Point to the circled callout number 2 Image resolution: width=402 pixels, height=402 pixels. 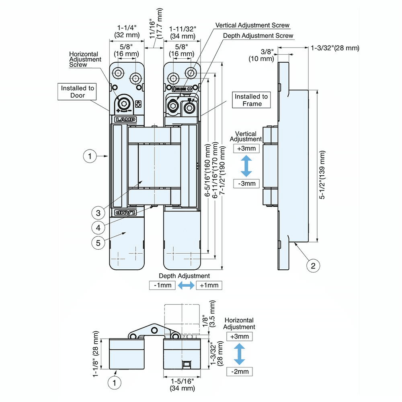[313, 265]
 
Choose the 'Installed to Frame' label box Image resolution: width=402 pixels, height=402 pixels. [251, 100]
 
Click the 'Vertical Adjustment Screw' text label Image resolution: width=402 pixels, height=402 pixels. [252, 25]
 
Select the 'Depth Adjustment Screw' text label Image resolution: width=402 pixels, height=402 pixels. [258, 36]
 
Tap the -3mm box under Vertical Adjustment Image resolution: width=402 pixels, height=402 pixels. [246, 184]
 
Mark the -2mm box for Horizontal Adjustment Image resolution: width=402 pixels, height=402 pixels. [240, 371]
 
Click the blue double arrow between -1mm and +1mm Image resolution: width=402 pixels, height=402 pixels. [186, 285]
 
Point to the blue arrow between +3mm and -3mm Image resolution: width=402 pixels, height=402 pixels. [246, 166]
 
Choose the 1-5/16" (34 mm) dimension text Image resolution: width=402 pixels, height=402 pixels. [183, 384]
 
